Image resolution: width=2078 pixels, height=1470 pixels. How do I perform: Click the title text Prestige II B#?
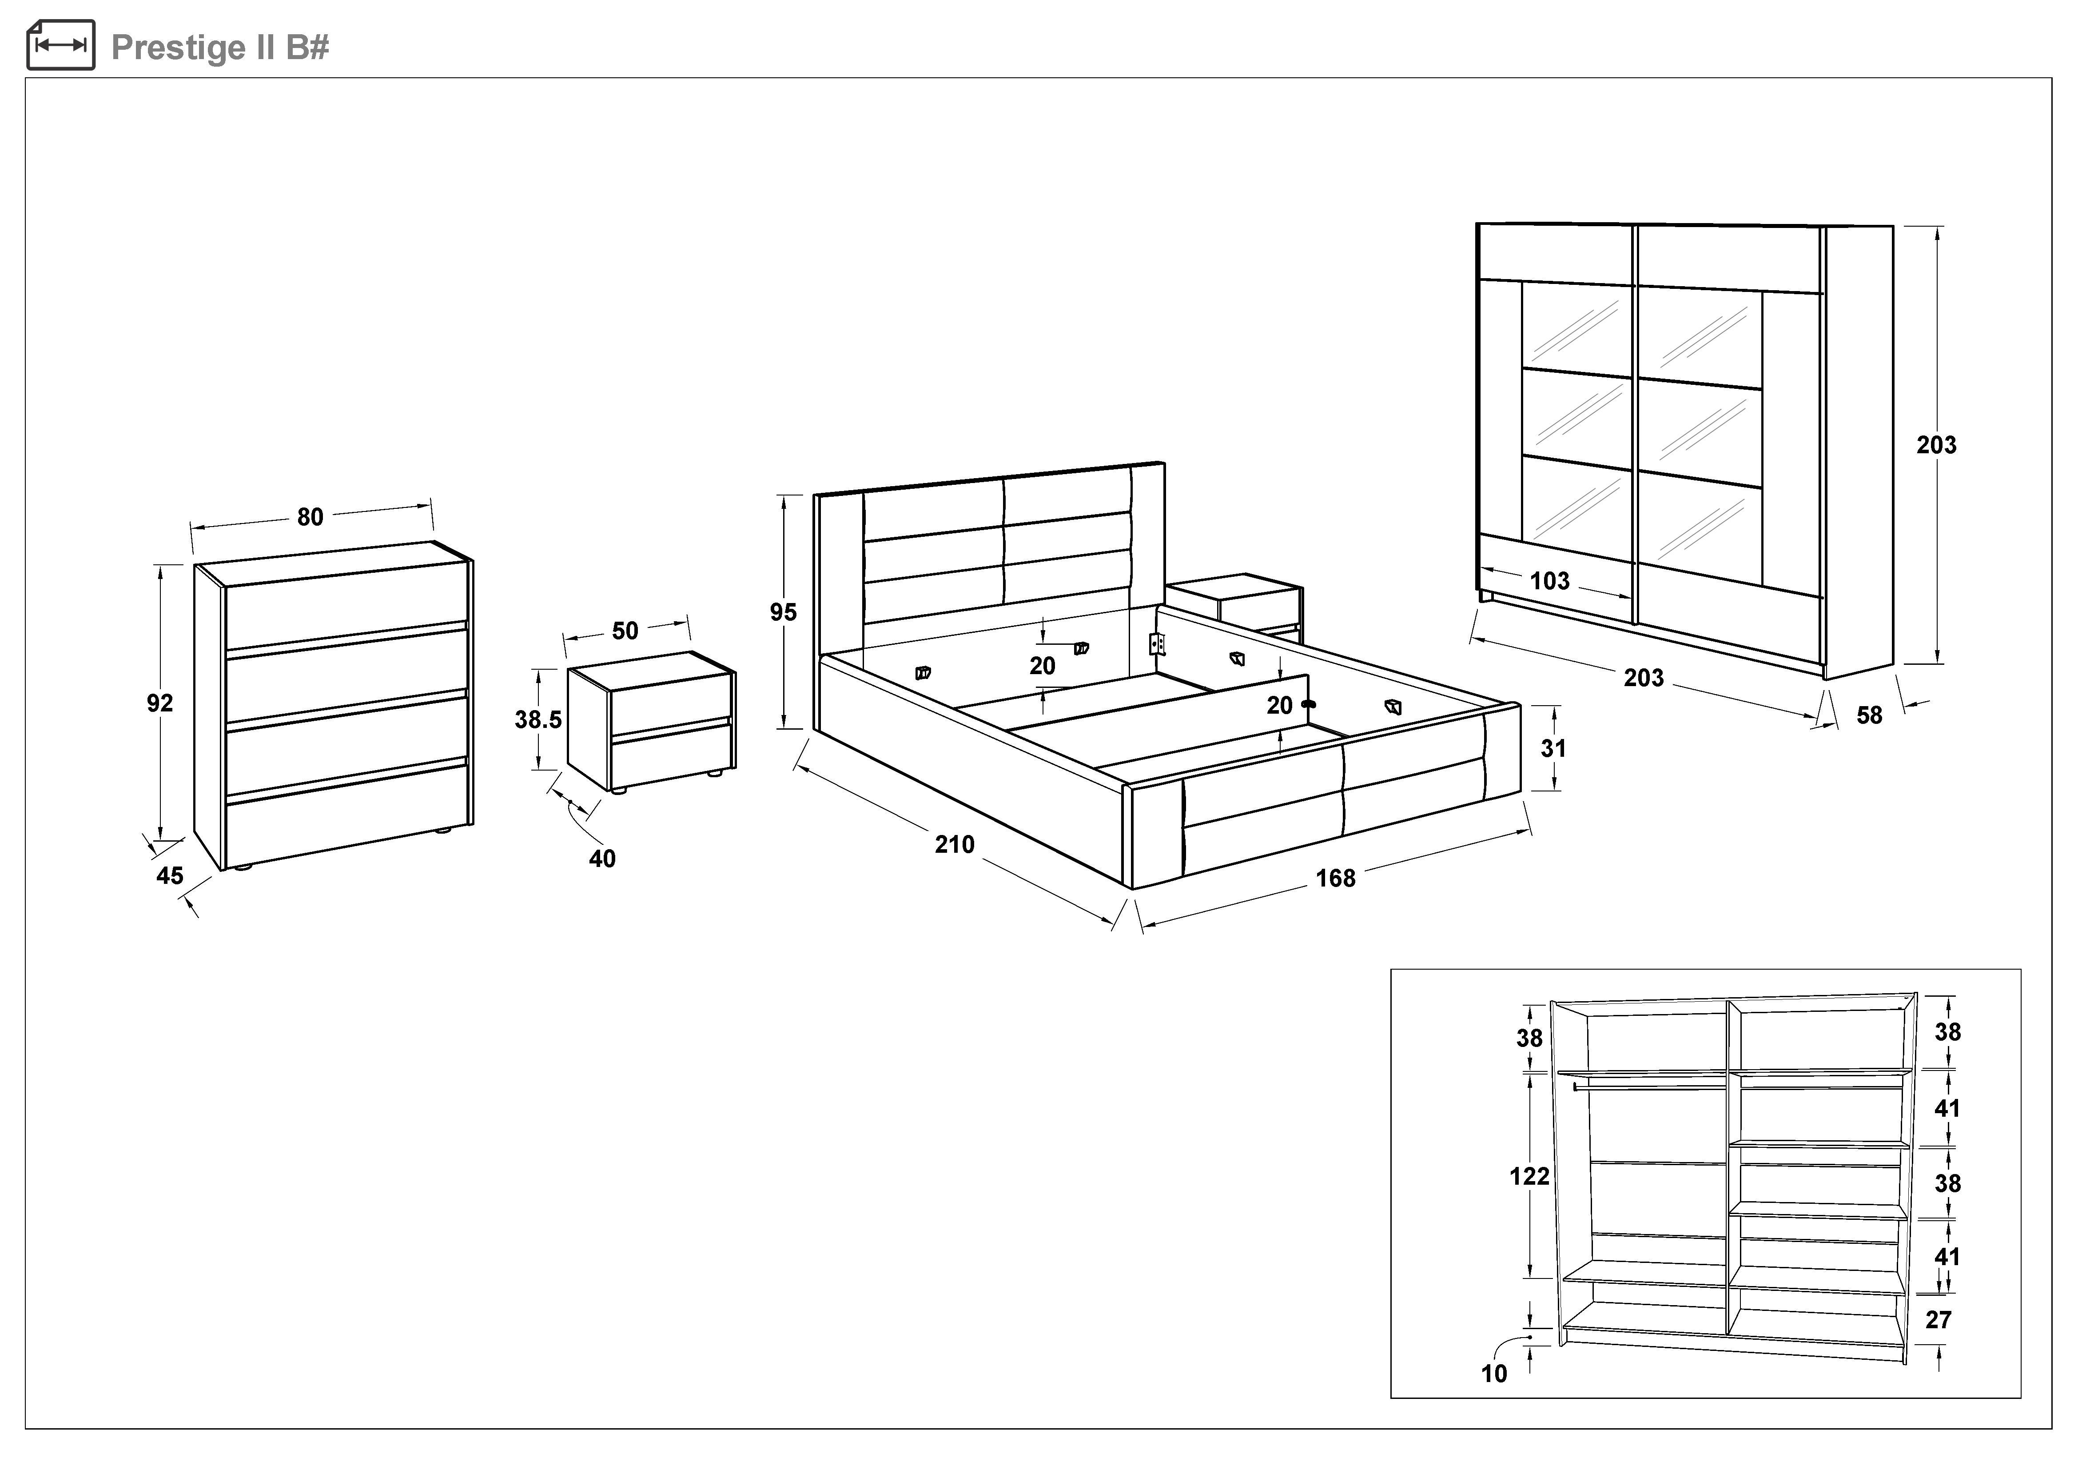pyautogui.click(x=220, y=47)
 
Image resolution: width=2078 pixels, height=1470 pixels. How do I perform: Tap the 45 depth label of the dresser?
pyautogui.click(x=169, y=875)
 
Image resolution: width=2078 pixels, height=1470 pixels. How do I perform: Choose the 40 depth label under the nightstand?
pyautogui.click(x=602, y=858)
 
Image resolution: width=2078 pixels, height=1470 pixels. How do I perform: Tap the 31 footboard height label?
pyautogui.click(x=1553, y=749)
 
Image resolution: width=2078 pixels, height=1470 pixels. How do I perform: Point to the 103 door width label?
pyautogui.click(x=1549, y=581)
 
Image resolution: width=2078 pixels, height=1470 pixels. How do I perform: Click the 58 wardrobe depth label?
pyautogui.click(x=1869, y=715)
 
